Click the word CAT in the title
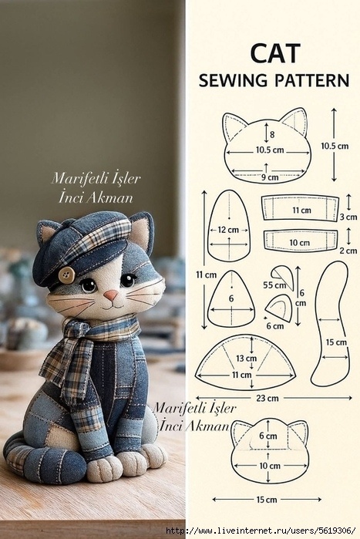click(x=275, y=53)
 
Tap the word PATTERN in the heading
click(x=311, y=80)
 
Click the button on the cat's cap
click(x=66, y=275)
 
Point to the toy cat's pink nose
click(x=111, y=295)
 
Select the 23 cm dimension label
click(x=267, y=399)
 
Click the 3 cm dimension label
click(x=348, y=217)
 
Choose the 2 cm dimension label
click(x=348, y=251)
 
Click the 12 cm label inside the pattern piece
click(x=228, y=230)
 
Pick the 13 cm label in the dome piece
click(x=247, y=359)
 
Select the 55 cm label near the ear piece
click(x=274, y=285)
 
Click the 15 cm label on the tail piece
click(x=336, y=342)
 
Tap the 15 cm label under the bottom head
click(x=267, y=500)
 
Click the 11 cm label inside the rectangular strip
click(x=301, y=210)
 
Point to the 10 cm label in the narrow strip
click(x=299, y=243)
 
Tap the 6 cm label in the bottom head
click(x=268, y=436)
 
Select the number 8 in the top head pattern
click(x=272, y=134)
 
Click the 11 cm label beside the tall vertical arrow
click(x=206, y=275)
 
